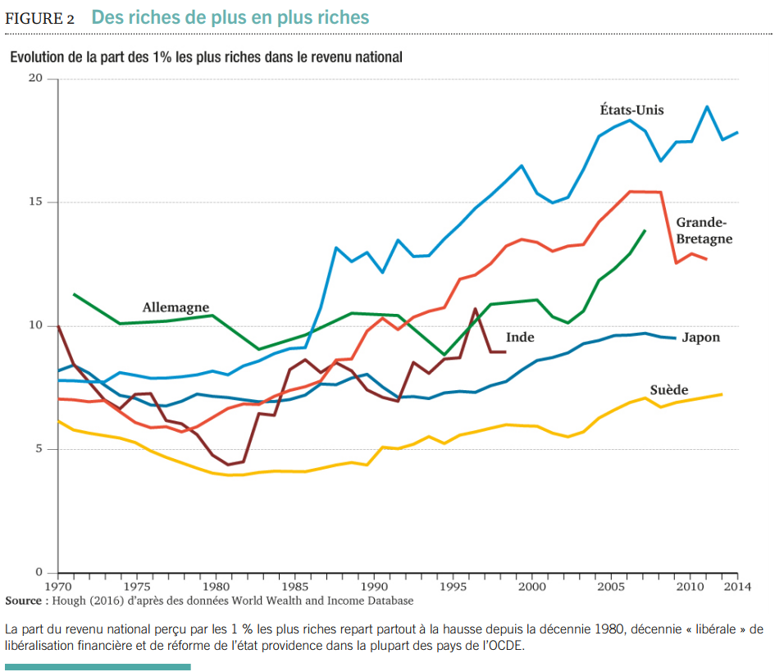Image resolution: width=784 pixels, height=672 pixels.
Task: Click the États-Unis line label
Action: click(x=631, y=110)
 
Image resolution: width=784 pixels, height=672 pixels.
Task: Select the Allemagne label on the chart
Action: click(x=175, y=307)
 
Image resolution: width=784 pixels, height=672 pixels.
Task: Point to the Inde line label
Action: click(x=519, y=337)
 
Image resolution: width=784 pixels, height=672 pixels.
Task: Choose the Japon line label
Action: click(x=700, y=337)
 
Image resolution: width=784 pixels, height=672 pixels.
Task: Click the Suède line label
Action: click(x=668, y=390)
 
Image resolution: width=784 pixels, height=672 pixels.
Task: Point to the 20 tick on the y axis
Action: click(x=34, y=78)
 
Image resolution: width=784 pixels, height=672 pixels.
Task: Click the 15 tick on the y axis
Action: click(x=34, y=202)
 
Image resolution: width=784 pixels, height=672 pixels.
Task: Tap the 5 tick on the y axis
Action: click(x=38, y=449)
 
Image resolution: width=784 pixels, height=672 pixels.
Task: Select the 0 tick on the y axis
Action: click(x=38, y=572)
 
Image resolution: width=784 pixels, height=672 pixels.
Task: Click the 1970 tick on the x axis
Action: click(x=57, y=586)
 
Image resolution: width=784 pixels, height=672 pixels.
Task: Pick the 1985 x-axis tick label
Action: click(x=295, y=586)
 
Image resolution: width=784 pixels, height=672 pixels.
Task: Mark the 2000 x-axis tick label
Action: click(x=532, y=586)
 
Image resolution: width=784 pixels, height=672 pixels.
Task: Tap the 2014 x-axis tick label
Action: click(x=737, y=586)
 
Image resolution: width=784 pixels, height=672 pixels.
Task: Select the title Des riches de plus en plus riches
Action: click(x=230, y=17)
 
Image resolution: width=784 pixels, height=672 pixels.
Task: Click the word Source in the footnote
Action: click(x=23, y=601)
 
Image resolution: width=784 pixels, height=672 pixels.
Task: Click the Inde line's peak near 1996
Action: click(x=475, y=309)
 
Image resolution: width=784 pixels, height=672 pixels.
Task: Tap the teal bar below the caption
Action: click(x=98, y=667)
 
